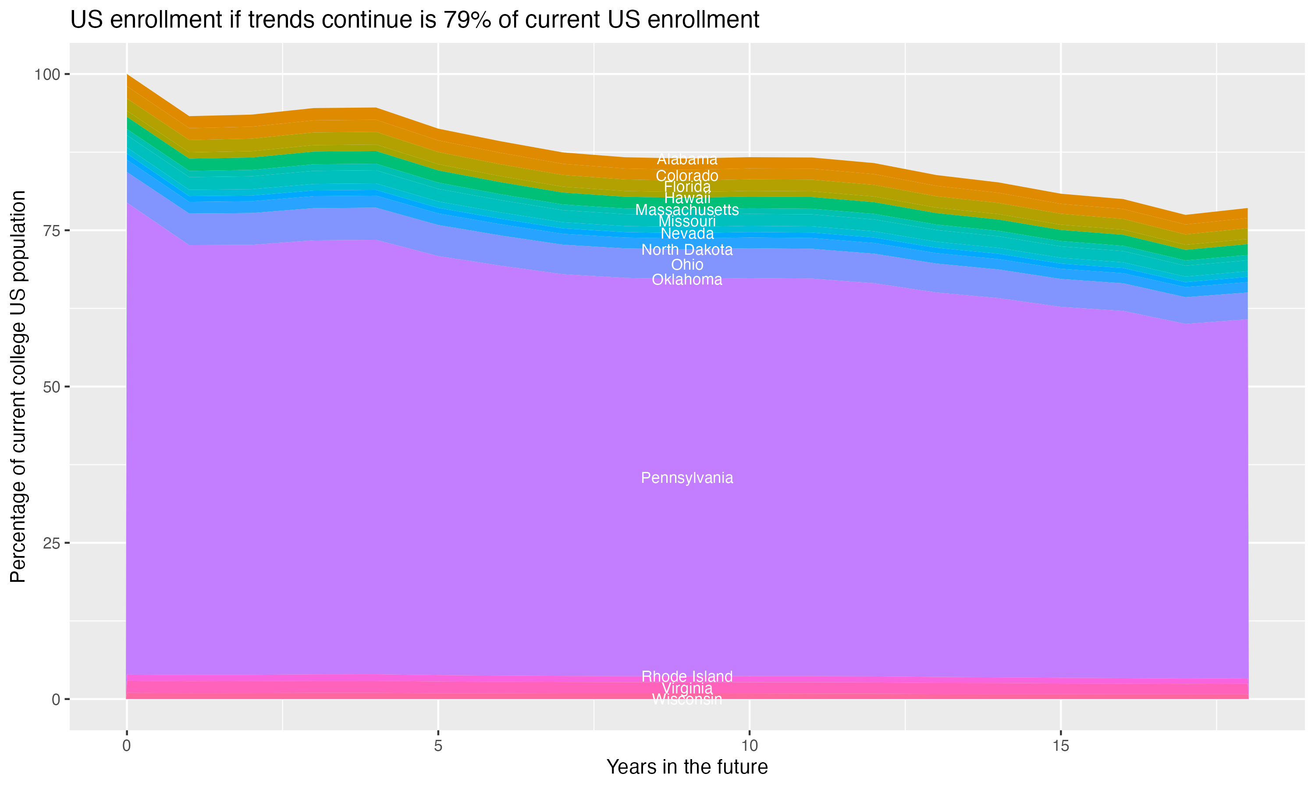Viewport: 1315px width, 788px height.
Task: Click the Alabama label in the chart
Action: (x=687, y=159)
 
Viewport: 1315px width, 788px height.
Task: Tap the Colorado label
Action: (x=687, y=176)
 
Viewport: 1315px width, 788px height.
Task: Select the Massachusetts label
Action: (x=687, y=210)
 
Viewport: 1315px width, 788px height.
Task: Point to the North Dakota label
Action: (x=687, y=250)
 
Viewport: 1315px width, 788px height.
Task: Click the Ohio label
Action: (x=687, y=264)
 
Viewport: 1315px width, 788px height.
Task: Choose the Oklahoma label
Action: (x=687, y=280)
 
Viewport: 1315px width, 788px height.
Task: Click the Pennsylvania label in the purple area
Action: (x=687, y=478)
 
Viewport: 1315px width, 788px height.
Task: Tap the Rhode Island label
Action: (x=687, y=676)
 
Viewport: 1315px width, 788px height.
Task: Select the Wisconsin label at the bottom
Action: (x=687, y=700)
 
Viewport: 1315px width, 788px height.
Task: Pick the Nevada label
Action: (x=687, y=234)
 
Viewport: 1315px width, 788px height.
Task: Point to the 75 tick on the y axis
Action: (x=51, y=230)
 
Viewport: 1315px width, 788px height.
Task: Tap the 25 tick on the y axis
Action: (x=51, y=543)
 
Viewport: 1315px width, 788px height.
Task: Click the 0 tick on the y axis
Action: (x=56, y=699)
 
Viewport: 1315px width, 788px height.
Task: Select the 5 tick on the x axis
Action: (x=438, y=746)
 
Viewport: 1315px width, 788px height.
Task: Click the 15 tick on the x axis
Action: (x=1060, y=746)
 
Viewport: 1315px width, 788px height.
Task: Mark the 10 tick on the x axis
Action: (x=749, y=746)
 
